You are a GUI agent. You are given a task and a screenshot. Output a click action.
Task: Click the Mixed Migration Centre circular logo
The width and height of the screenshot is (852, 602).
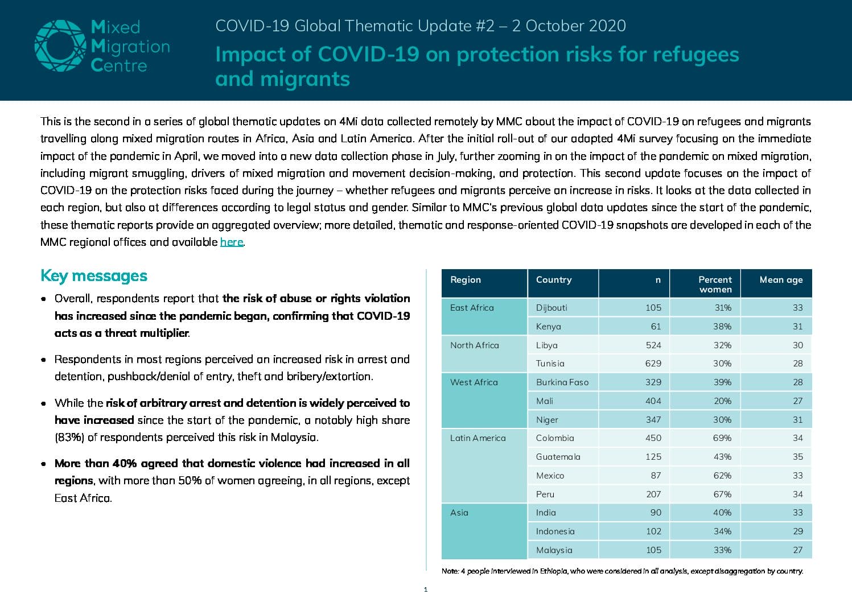point(60,46)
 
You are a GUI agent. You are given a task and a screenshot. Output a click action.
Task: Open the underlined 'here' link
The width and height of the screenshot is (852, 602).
point(231,242)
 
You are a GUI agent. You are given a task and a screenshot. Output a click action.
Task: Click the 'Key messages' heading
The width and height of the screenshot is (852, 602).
point(93,276)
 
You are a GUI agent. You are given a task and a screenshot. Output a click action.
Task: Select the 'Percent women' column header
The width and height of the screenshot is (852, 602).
point(715,284)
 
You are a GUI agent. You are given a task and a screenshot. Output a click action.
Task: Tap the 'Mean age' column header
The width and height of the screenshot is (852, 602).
point(781,279)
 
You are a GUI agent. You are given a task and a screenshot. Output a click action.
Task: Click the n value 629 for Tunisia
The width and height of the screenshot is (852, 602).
point(653,364)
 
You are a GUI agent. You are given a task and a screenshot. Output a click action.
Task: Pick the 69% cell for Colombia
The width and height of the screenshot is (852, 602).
point(722,438)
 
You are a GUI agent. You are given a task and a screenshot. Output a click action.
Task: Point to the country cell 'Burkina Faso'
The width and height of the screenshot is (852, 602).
point(562,382)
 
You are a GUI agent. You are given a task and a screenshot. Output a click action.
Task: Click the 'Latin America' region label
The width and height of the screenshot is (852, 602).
point(478,438)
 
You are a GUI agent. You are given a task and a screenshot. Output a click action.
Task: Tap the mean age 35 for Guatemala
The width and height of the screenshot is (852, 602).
point(797,457)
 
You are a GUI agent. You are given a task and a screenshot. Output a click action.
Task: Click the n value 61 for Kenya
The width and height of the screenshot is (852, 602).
point(656,326)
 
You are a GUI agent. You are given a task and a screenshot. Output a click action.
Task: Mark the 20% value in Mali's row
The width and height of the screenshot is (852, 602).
point(722,401)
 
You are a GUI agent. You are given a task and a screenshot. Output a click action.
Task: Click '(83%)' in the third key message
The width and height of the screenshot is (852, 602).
point(69,438)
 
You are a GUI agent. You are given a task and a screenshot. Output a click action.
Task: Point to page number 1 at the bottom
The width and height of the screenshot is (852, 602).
point(426,590)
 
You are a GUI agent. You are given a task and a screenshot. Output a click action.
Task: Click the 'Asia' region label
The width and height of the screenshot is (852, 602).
point(459,513)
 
